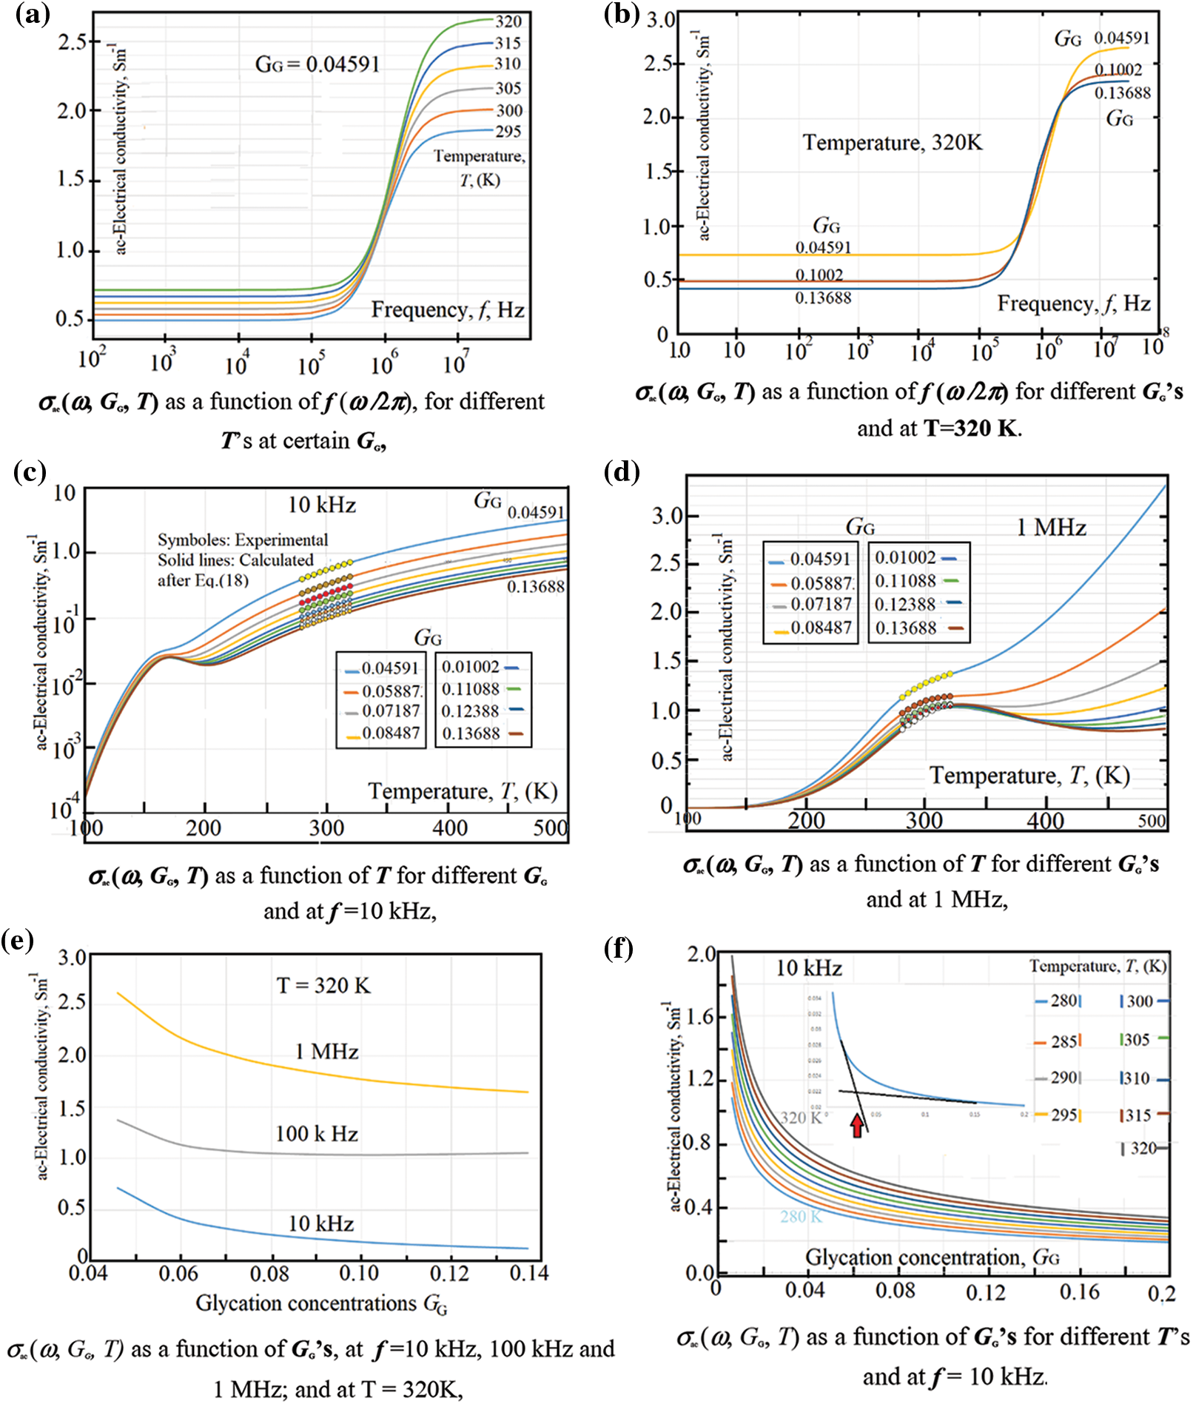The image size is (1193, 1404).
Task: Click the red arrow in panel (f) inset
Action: click(857, 1125)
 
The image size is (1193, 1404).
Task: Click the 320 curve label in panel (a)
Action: click(508, 21)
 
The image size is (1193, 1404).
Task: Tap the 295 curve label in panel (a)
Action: click(508, 132)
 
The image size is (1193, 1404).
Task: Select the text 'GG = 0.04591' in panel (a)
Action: click(317, 65)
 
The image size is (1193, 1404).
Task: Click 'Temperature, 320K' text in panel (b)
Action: click(893, 142)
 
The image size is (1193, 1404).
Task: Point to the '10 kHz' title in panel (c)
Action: click(322, 505)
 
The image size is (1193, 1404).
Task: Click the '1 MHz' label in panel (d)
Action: click(1051, 528)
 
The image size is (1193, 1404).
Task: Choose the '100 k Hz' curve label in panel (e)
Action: click(317, 1134)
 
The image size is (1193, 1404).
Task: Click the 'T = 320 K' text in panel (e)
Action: click(323, 986)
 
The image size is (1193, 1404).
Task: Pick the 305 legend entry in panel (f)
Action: click(1143, 1040)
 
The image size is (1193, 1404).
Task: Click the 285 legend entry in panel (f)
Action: click(1058, 1042)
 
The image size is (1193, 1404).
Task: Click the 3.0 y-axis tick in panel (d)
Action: click(667, 516)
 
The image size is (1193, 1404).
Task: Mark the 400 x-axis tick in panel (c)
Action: click(450, 828)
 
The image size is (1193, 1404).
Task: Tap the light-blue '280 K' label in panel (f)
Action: click(801, 1217)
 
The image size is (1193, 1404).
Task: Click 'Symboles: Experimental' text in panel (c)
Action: click(243, 540)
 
